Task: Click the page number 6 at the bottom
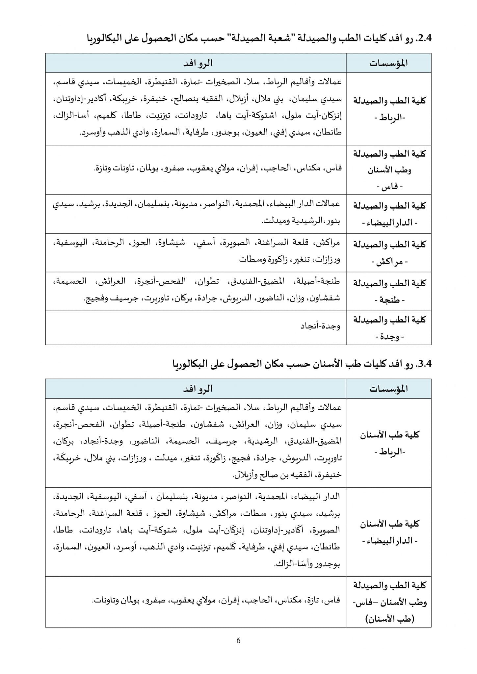pyautogui.click(x=238, y=640)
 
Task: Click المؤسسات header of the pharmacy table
pyautogui.click(x=388, y=63)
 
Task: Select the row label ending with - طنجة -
pyautogui.click(x=389, y=291)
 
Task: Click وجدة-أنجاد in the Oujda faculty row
pyautogui.click(x=320, y=326)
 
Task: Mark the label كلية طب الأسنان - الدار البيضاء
pyautogui.click(x=389, y=532)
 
